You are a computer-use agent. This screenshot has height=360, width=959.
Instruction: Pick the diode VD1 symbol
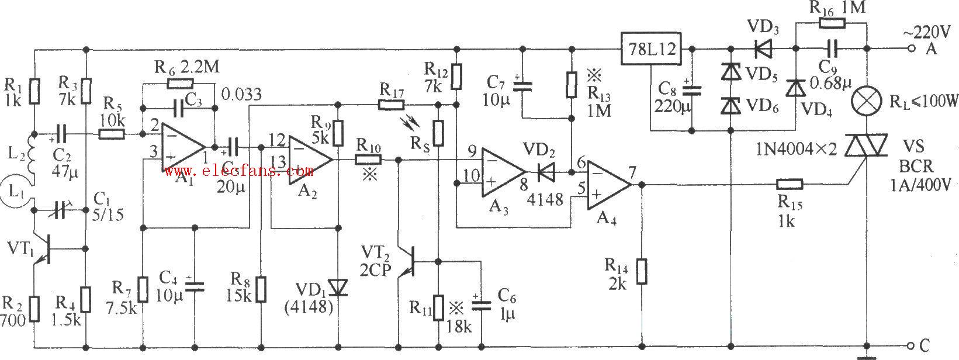click(338, 287)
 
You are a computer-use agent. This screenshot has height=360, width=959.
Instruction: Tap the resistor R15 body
click(790, 185)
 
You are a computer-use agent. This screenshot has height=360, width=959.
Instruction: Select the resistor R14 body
click(641, 272)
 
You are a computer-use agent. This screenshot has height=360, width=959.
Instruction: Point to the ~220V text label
click(922, 30)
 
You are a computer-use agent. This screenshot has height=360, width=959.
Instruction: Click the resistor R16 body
click(832, 23)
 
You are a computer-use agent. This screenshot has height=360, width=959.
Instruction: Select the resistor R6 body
click(180, 84)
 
